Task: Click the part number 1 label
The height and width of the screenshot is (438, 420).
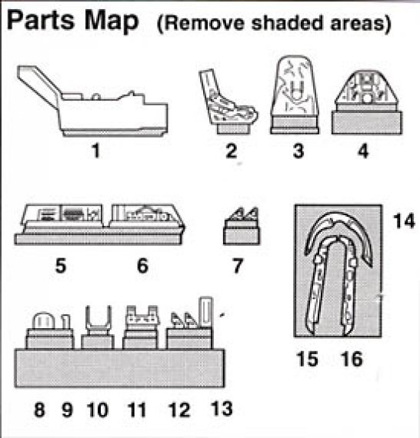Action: click(95, 151)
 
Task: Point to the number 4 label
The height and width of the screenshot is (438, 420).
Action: click(362, 151)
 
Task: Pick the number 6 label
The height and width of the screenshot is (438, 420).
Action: click(142, 267)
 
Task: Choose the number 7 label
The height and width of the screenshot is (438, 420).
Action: click(238, 267)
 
